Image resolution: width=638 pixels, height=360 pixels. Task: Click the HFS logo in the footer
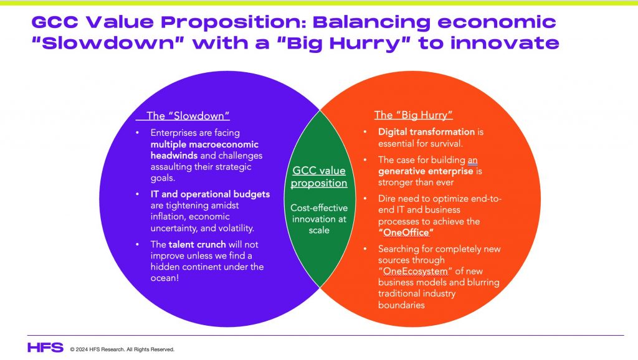pyautogui.click(x=45, y=348)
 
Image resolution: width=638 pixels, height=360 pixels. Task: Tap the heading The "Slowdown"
pyautogui.click(x=188, y=116)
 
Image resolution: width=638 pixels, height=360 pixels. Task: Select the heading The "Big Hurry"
pyautogui.click(x=414, y=115)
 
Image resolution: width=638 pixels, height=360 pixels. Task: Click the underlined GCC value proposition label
pyautogui.click(x=319, y=176)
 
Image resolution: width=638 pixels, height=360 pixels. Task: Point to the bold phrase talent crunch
pyautogui.click(x=197, y=245)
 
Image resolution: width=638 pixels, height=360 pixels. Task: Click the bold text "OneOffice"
pyautogui.click(x=406, y=233)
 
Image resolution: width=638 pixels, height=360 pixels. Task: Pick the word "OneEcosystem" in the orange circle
pyautogui.click(x=415, y=271)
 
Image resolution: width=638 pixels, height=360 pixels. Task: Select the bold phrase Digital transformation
pyautogui.click(x=426, y=132)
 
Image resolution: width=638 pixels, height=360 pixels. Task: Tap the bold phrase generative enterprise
pyautogui.click(x=426, y=171)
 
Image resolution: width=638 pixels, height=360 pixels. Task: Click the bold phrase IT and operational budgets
pyautogui.click(x=210, y=194)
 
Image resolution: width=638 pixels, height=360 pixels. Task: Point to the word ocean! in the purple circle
pyautogui.click(x=164, y=278)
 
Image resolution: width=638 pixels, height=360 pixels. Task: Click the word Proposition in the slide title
pyautogui.click(x=233, y=22)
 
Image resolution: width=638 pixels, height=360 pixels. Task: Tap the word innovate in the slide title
pyautogui.click(x=505, y=43)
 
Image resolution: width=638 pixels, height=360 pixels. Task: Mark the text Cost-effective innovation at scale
pyautogui.click(x=319, y=219)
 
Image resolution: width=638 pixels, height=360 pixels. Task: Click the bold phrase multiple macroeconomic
pyautogui.click(x=204, y=144)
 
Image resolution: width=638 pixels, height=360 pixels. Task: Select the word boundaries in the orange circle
pyautogui.click(x=401, y=305)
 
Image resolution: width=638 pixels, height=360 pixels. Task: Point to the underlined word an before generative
pyautogui.click(x=472, y=160)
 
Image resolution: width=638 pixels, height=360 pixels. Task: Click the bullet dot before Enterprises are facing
pyautogui.click(x=138, y=133)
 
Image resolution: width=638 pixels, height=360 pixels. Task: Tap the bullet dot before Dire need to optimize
pyautogui.click(x=365, y=199)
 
